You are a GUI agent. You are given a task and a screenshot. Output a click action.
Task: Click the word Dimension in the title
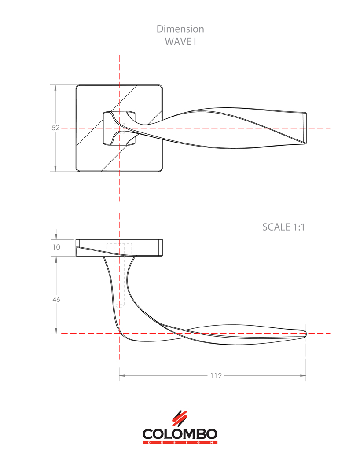pyautogui.click(x=180, y=29)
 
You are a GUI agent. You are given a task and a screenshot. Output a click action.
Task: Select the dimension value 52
pyautogui.click(x=55, y=128)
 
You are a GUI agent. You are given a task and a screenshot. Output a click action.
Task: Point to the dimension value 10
pyautogui.click(x=56, y=247)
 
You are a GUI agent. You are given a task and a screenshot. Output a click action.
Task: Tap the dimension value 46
pyautogui.click(x=56, y=299)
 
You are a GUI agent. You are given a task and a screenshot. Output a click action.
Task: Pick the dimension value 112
pyautogui.click(x=216, y=376)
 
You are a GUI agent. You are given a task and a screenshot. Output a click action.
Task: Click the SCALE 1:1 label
pyautogui.click(x=283, y=227)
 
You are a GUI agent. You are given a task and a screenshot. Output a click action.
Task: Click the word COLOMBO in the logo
pyautogui.click(x=180, y=433)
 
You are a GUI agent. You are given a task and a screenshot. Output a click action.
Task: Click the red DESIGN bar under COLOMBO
pyautogui.click(x=180, y=442)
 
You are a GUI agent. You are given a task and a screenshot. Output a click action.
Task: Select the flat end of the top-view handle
pyautogui.click(x=304, y=128)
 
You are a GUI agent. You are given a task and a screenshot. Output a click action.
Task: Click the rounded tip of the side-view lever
pyautogui.click(x=304, y=333)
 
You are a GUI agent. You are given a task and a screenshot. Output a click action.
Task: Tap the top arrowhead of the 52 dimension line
pyautogui.click(x=55, y=88)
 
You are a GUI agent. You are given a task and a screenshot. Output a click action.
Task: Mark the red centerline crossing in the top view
pyautogui.click(x=119, y=128)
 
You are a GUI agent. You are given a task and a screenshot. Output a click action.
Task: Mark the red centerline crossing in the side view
pyautogui.click(x=119, y=334)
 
